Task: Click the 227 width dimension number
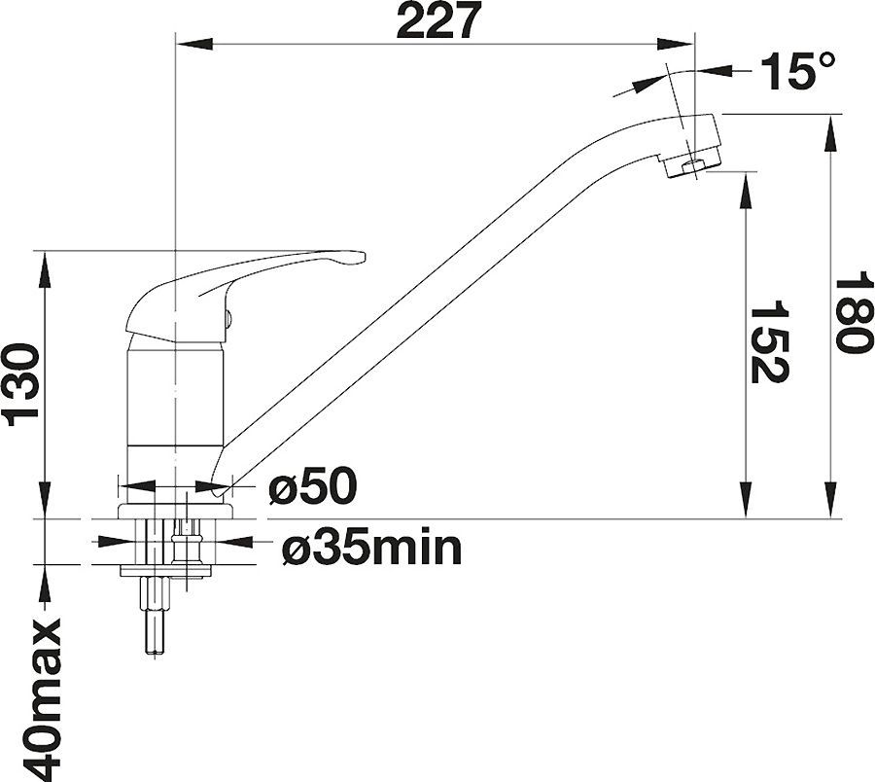coord(438,20)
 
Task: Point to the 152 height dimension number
coord(769,341)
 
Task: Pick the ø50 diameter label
coord(312,485)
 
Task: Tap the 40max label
coord(40,697)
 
